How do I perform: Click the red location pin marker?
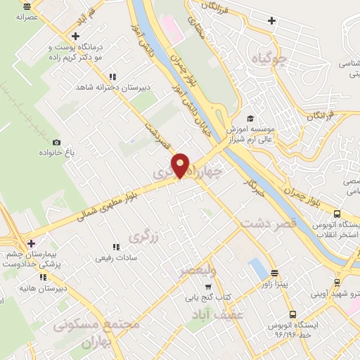tap(181, 164)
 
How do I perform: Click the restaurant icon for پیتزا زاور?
tap(274, 273)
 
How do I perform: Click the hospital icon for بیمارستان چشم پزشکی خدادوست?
tap(31, 243)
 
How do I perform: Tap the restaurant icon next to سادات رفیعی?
tap(116, 247)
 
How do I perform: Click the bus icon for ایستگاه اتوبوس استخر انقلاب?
tap(337, 214)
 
